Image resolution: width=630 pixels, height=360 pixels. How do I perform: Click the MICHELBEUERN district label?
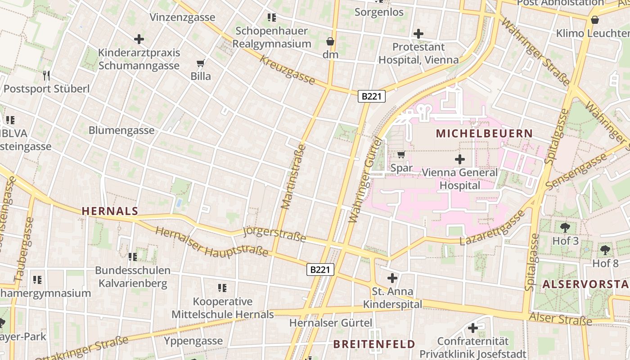pyautogui.click(x=484, y=134)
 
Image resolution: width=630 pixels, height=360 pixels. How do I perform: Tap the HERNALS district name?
pyautogui.click(x=110, y=211)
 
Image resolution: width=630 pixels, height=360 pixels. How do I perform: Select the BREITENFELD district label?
pyautogui.click(x=374, y=345)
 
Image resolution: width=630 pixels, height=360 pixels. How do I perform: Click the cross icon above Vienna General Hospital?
pyautogui.click(x=460, y=159)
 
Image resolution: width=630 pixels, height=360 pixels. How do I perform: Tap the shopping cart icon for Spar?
pyautogui.click(x=401, y=155)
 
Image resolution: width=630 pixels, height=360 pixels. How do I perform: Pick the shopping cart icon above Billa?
pyautogui.click(x=201, y=63)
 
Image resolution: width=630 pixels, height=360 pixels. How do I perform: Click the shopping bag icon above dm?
pyautogui.click(x=330, y=41)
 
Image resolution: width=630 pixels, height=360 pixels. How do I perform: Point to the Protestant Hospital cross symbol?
pyautogui.click(x=418, y=33)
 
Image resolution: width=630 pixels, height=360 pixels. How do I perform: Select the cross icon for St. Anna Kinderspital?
pyautogui.click(x=392, y=278)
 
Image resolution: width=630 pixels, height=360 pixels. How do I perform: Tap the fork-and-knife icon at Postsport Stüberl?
pyautogui.click(x=46, y=75)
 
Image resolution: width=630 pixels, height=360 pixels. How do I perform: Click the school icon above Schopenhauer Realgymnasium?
pyautogui.click(x=271, y=18)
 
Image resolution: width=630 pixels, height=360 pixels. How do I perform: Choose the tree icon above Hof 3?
pyautogui.click(x=565, y=227)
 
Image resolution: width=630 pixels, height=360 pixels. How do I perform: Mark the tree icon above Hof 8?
pyautogui.click(x=605, y=250)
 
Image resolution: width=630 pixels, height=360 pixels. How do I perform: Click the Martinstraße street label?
pyautogui.click(x=293, y=176)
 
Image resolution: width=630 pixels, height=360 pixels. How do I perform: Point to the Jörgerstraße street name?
pyautogui.click(x=274, y=234)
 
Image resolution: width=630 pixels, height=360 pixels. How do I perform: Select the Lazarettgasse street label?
pyautogui.click(x=492, y=229)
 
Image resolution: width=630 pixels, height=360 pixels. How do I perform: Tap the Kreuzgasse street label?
pyautogui.click(x=287, y=70)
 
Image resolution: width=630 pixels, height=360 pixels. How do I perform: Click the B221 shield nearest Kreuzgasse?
pyautogui.click(x=372, y=96)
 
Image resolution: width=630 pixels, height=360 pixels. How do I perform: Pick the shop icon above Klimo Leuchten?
pyautogui.click(x=595, y=20)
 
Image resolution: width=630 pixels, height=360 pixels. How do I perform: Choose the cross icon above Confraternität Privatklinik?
pyautogui.click(x=472, y=328)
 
